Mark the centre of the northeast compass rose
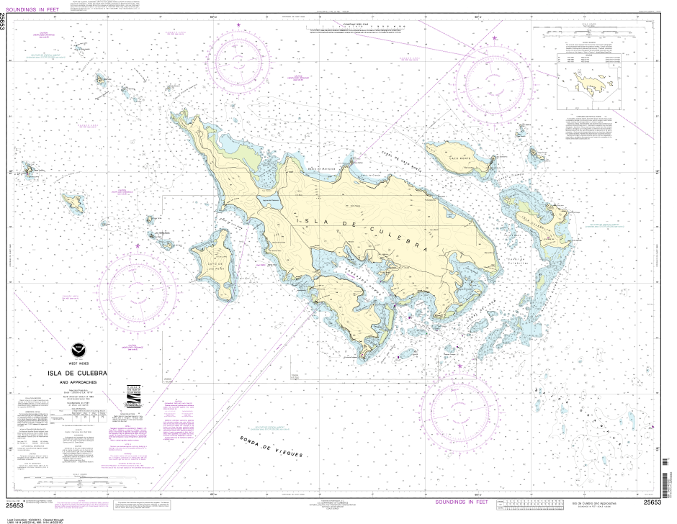pyautogui.click(x=496, y=79)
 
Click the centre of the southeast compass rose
pyautogui.click(x=459, y=407)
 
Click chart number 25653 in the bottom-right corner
pyautogui.click(x=653, y=502)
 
